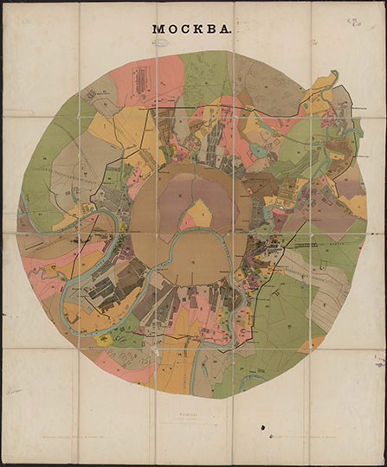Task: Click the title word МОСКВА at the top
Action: [x=192, y=29]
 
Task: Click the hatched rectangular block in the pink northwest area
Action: [x=140, y=80]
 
